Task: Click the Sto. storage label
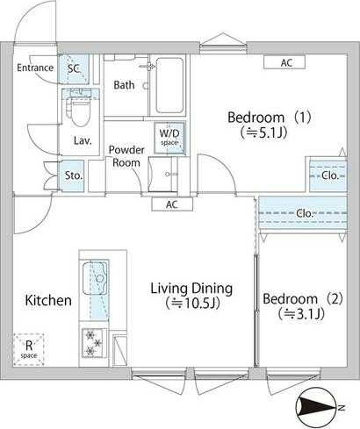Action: click(x=74, y=175)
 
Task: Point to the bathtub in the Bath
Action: click(x=169, y=85)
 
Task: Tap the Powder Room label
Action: click(x=126, y=156)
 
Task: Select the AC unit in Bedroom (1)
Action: click(x=286, y=62)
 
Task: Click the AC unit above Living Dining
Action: click(x=171, y=204)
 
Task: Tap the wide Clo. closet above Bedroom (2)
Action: click(x=305, y=213)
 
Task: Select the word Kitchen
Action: click(x=47, y=300)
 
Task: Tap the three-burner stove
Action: click(x=93, y=340)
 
